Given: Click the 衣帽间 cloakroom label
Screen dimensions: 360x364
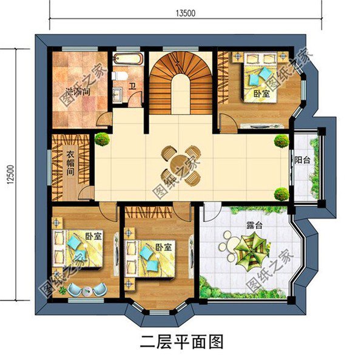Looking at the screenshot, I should click(x=70, y=164).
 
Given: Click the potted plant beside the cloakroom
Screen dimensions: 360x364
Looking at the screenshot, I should click(x=102, y=140).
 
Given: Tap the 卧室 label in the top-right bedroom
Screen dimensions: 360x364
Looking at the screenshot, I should click(x=261, y=95).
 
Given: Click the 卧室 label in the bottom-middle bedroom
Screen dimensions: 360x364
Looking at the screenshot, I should click(x=163, y=248).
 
